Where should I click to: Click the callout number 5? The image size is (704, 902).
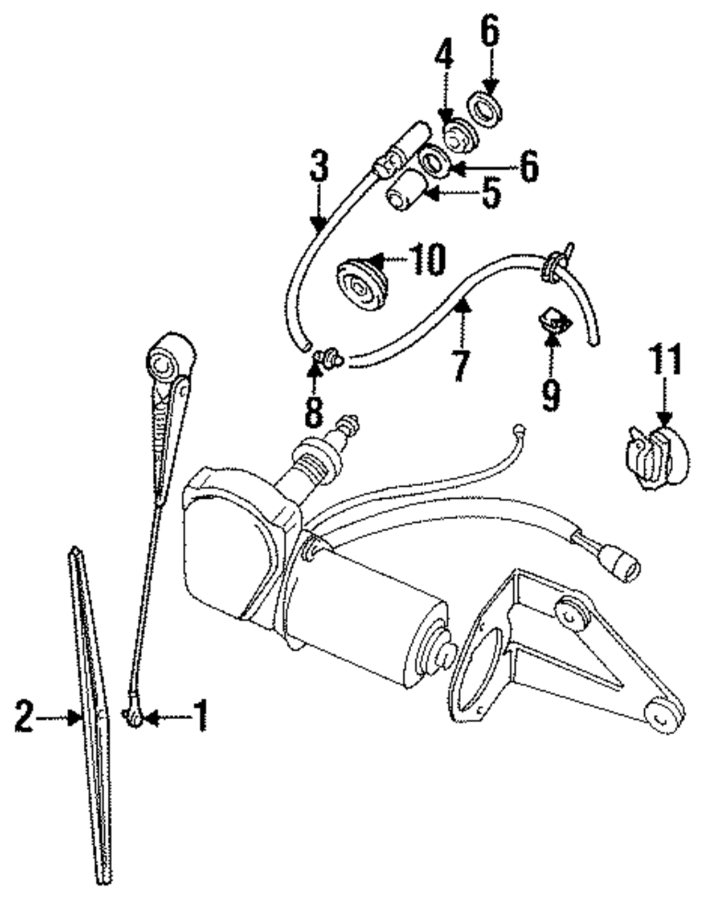(x=491, y=191)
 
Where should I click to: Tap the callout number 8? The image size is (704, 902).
(x=314, y=412)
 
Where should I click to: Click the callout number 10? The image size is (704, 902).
(x=425, y=260)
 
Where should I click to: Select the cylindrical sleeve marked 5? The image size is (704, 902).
(x=405, y=188)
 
